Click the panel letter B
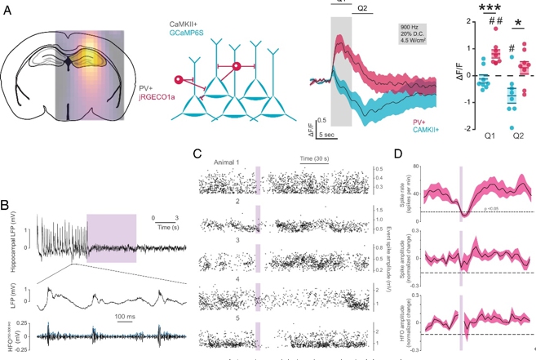coord(6,204)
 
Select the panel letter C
coord(197,153)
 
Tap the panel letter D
coord(397,153)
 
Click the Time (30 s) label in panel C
coord(315,155)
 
